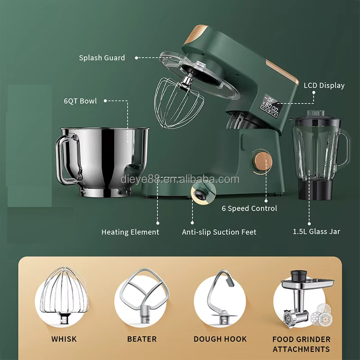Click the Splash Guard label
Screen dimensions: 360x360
click(x=102, y=57)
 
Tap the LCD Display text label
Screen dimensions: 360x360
click(x=324, y=85)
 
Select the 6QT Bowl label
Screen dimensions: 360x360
click(x=80, y=101)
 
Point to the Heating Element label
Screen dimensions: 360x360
click(x=130, y=232)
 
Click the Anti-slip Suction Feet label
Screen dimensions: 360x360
click(x=219, y=232)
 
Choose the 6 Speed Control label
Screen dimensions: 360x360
click(x=249, y=208)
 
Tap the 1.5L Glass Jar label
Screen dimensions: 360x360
click(x=316, y=231)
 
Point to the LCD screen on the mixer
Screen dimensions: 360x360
click(x=271, y=106)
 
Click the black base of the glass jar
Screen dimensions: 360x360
click(x=315, y=189)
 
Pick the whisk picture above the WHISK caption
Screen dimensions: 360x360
click(x=64, y=296)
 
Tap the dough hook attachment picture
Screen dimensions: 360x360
click(x=220, y=296)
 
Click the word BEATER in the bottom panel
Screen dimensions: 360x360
click(x=142, y=339)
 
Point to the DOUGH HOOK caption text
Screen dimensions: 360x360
click(x=220, y=339)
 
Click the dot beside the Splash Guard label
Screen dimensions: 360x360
click(x=136, y=58)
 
